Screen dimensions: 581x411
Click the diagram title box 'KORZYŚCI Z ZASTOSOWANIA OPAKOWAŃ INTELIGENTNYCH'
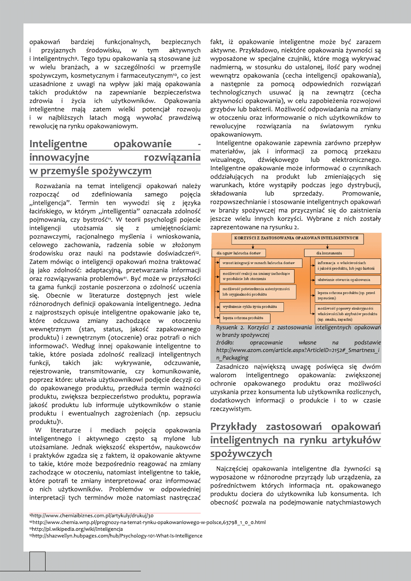pos(297,239)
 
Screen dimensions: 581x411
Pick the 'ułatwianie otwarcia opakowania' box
pos(347,280)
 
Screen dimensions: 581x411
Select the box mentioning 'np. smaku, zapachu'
pos(348,313)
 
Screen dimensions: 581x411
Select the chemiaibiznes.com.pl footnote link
pos(93,516)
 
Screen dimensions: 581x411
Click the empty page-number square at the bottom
pos(37,561)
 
